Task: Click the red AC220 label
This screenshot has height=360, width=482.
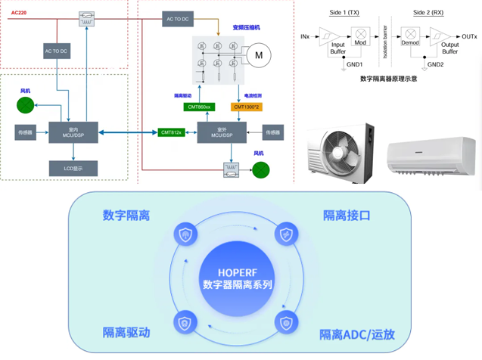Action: pyautogui.click(x=19, y=13)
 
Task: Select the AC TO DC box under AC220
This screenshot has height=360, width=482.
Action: pyautogui.click(x=57, y=51)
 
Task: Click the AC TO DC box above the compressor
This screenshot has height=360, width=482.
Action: pyautogui.click(x=178, y=19)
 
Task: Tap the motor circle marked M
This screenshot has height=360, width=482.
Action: pyautogui.click(x=259, y=55)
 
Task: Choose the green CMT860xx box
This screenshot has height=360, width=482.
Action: pyautogui.click(x=200, y=107)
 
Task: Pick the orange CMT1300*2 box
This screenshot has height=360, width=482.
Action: pyautogui.click(x=247, y=107)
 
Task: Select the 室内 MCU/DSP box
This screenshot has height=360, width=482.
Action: pyautogui.click(x=73, y=132)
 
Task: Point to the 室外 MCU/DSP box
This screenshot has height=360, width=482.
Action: pyautogui.click(x=222, y=132)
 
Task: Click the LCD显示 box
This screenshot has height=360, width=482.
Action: pyautogui.click(x=73, y=168)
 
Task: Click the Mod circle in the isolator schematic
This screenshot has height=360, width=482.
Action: pyautogui.click(x=360, y=35)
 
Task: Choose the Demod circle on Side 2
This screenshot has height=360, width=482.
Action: pyautogui.click(x=410, y=35)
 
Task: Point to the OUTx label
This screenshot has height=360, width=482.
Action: pyautogui.click(x=469, y=36)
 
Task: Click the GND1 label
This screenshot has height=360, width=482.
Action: pyautogui.click(x=355, y=64)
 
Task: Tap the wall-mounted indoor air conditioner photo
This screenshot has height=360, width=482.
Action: pyautogui.click(x=431, y=156)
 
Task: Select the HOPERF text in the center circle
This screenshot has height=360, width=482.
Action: pyautogui.click(x=237, y=270)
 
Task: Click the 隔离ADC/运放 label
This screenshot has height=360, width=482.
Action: pyautogui.click(x=356, y=334)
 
